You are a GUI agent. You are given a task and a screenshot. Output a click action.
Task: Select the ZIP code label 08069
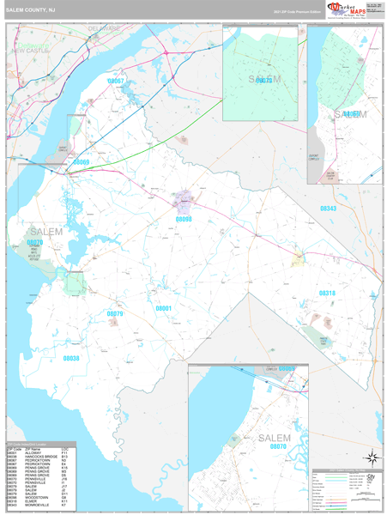tap(82, 161)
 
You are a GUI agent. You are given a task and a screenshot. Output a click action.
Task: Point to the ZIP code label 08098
tap(184, 219)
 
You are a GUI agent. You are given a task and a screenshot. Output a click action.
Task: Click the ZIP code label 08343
tap(329, 209)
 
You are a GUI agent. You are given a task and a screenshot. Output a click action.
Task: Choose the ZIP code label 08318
tap(328, 293)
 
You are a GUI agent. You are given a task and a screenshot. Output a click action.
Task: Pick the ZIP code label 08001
tap(164, 307)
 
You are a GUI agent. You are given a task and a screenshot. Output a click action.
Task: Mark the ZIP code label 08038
tap(70, 358)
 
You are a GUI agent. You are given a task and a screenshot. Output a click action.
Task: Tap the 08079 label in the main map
tap(114, 314)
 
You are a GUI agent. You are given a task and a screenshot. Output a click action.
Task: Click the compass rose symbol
tap(372, 457)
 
